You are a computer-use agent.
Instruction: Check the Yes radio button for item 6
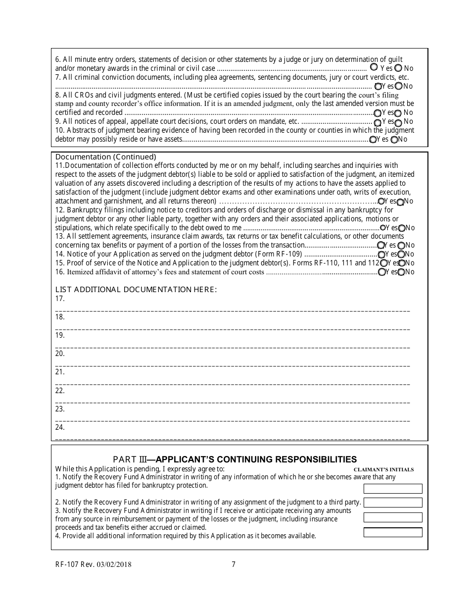(x=374, y=67)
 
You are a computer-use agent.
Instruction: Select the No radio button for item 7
(x=398, y=86)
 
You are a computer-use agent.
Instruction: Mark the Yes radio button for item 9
(x=377, y=122)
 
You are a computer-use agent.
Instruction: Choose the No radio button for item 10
(x=394, y=140)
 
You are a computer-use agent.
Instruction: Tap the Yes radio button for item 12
(x=382, y=228)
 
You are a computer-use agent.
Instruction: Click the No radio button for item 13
(x=401, y=245)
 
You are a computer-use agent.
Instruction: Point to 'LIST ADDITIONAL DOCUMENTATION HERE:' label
(x=136, y=289)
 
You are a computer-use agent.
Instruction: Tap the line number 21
(x=60, y=372)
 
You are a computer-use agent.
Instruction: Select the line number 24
(x=60, y=427)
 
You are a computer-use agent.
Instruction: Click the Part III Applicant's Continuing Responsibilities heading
(x=235, y=459)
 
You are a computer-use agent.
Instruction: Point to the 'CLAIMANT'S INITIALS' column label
(x=383, y=469)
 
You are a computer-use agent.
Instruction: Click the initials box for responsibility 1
(x=393, y=489)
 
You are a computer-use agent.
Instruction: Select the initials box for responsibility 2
(x=393, y=503)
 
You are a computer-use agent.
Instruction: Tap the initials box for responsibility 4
(x=393, y=533)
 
